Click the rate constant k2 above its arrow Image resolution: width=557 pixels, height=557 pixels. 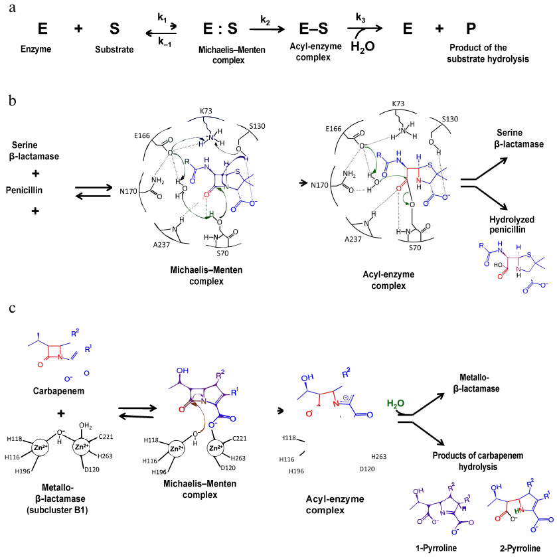[266, 19]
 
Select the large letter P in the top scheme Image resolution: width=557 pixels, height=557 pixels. [471, 30]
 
